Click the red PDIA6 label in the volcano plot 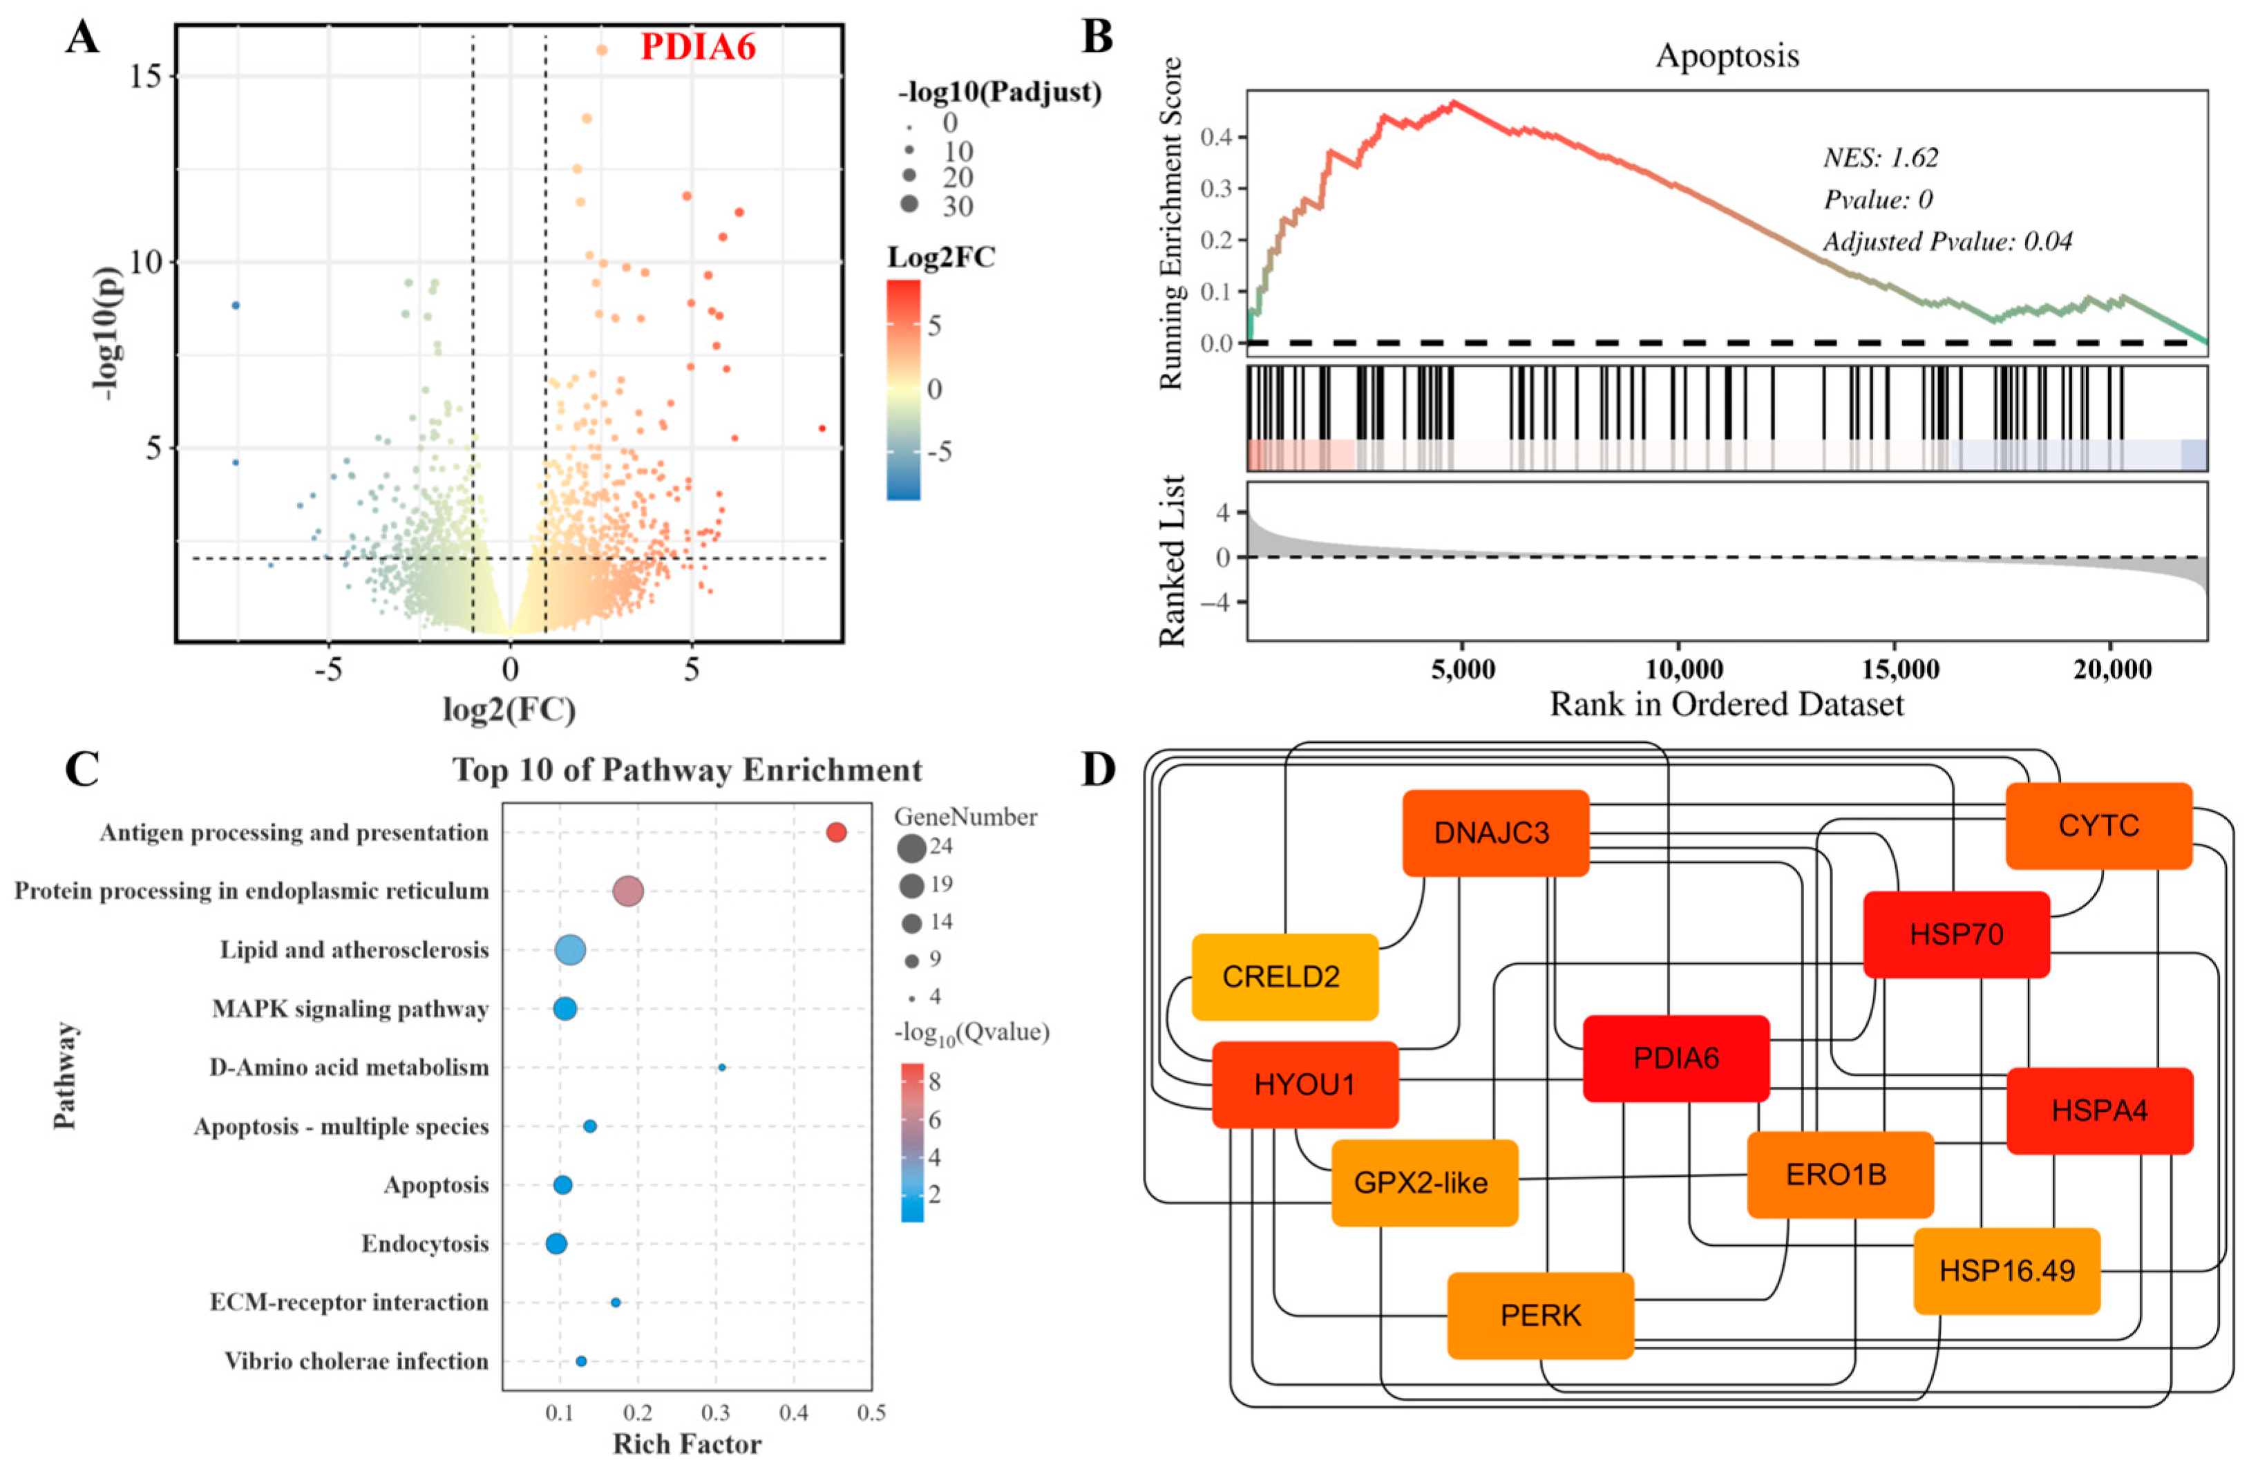(699, 47)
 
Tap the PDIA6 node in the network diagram (1676, 1059)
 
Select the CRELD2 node (1285, 977)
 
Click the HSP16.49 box (2007, 1271)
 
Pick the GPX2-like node (1425, 1183)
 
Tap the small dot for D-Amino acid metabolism (722, 1068)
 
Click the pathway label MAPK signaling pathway (350, 1009)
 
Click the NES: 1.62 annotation (1881, 157)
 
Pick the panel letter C (82, 770)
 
